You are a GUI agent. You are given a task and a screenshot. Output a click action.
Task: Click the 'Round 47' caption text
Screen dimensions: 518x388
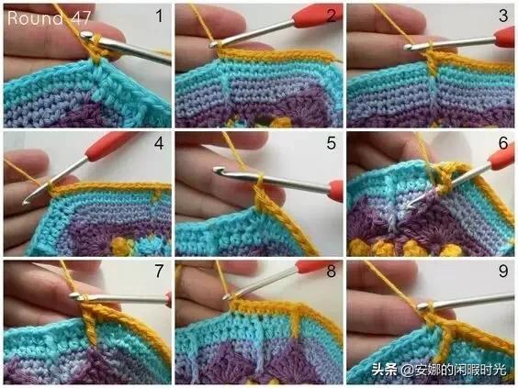click(49, 18)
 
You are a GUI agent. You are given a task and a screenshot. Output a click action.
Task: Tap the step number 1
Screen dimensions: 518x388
click(160, 16)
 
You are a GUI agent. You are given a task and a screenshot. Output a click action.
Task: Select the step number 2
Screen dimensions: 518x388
click(331, 16)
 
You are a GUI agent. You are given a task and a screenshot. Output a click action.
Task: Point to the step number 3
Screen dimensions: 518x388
click(503, 16)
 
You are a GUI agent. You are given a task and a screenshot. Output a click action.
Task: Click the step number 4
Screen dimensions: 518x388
click(159, 143)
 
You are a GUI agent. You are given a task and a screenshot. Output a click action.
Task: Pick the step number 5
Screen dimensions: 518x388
click(332, 143)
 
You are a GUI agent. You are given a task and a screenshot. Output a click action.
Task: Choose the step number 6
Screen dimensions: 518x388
click(503, 143)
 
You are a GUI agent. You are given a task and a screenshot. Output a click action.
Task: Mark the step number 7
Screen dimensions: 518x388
click(159, 271)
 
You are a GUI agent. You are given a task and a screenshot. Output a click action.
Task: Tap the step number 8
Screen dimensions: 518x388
click(332, 271)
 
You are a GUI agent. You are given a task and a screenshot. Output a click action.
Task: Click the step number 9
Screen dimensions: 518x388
click(503, 271)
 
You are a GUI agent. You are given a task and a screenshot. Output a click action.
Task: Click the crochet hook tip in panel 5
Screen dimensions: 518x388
click(217, 171)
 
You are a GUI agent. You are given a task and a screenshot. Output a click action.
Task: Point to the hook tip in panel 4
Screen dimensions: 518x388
click(25, 201)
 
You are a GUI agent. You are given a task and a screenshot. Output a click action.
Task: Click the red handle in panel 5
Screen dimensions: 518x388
click(336, 191)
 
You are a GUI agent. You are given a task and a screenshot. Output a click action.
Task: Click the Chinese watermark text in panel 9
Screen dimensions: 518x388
click(439, 370)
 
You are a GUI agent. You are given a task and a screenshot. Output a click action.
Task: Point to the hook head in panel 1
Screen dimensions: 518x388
click(86, 35)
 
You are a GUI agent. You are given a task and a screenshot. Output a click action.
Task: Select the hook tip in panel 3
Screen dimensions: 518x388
click(409, 48)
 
